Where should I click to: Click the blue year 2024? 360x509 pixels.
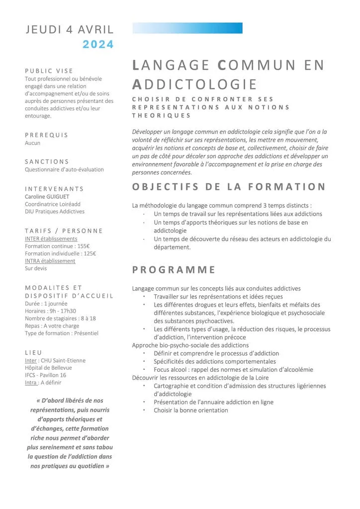(x=98, y=44)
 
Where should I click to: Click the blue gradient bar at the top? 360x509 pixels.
(x=187, y=28)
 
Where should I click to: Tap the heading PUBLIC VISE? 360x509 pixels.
(x=49, y=71)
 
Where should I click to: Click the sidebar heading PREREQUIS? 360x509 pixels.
(x=46, y=135)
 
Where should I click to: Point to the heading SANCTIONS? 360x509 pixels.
(x=47, y=162)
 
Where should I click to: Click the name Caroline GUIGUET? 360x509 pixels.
(x=48, y=196)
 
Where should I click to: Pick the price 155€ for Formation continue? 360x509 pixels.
(x=84, y=246)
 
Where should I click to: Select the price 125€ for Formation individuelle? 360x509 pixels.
(x=90, y=254)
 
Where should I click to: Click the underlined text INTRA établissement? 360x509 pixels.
(x=50, y=261)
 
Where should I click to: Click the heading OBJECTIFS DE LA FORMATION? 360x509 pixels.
(x=229, y=187)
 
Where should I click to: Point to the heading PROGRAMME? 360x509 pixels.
(x=174, y=270)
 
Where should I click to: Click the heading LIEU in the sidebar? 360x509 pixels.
(x=33, y=352)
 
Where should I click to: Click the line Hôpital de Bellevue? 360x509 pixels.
(x=48, y=368)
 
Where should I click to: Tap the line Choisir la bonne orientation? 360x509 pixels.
(x=190, y=410)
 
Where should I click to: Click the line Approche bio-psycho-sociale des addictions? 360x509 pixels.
(x=190, y=345)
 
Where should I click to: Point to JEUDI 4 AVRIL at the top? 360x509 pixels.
(x=70, y=30)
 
